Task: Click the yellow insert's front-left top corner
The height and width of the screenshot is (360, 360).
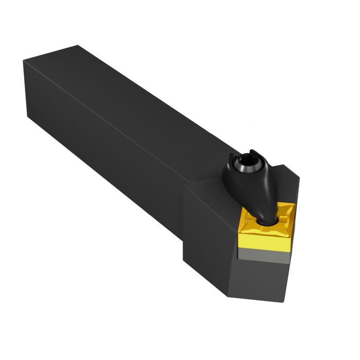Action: pos(239,230)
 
